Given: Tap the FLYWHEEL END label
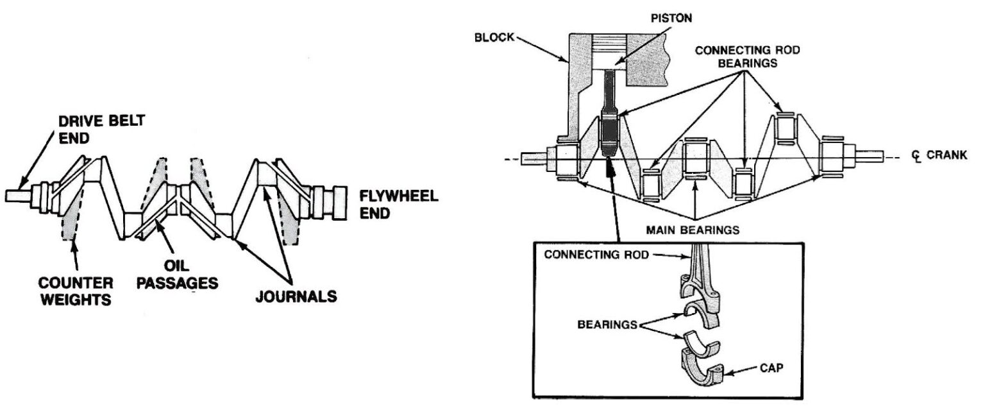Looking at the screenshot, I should click(398, 205).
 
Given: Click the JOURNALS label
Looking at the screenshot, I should click(296, 296).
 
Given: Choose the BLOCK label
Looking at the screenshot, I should click(494, 37).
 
